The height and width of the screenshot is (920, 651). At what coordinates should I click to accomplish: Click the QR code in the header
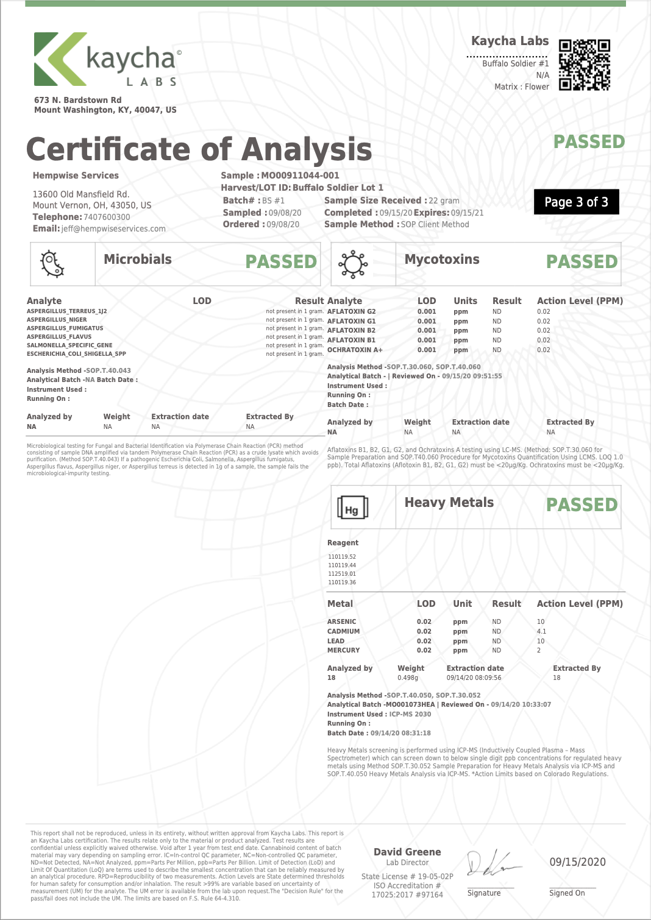(584, 65)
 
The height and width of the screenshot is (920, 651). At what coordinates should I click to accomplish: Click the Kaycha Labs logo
(107, 60)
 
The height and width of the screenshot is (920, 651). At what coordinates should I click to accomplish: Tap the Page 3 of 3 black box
(576, 202)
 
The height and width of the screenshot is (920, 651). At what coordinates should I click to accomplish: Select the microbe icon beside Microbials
(52, 264)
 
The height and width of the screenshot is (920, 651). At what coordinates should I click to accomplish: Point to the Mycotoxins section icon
(353, 264)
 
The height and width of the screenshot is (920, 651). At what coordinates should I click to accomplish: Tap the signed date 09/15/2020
(577, 862)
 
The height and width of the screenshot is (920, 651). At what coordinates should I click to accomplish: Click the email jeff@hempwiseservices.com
(113, 228)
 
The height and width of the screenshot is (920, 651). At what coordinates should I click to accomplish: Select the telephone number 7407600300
(107, 217)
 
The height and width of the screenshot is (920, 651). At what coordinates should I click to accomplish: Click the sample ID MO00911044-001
(300, 175)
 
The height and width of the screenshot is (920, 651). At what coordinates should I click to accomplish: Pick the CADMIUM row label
(343, 631)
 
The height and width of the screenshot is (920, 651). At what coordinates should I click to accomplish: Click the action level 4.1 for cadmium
(541, 631)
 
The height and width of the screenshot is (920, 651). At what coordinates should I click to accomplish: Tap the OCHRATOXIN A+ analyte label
(355, 350)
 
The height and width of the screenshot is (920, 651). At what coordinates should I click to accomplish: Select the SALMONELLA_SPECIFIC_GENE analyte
(69, 345)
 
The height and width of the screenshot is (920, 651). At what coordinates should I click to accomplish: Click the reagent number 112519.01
(342, 574)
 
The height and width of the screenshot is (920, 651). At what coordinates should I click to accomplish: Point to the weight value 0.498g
(408, 678)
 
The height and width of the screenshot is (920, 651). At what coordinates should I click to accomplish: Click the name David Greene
(407, 852)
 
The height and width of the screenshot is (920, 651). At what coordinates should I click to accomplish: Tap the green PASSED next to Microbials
(281, 262)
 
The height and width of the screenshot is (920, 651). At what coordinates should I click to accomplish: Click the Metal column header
(340, 604)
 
